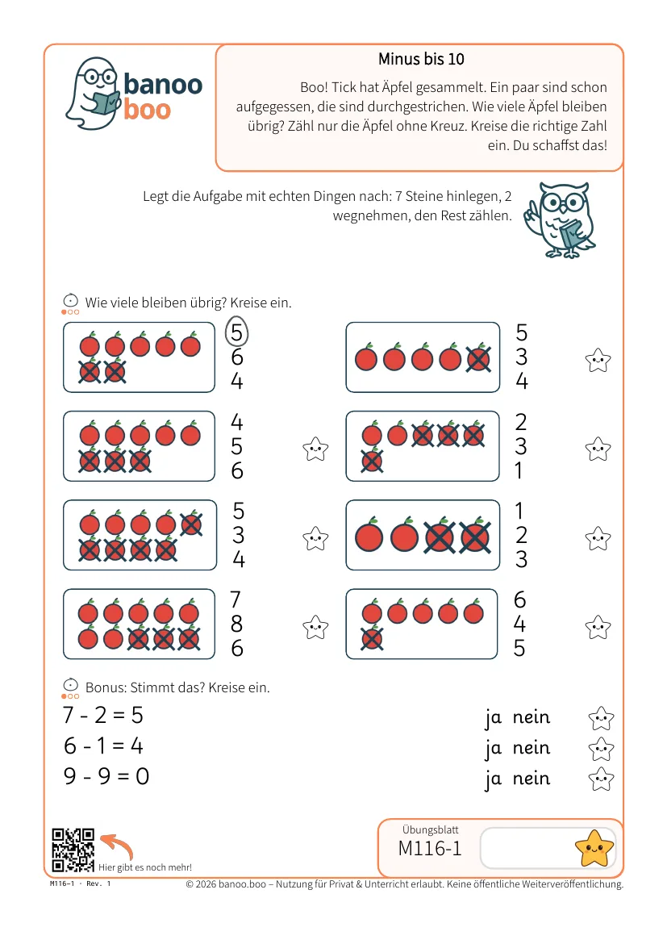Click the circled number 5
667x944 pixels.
pyautogui.click(x=236, y=332)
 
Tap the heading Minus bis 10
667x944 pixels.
pyautogui.click(x=421, y=59)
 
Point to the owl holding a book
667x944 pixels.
pyautogui.click(x=560, y=219)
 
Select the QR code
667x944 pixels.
pyautogui.click(x=73, y=850)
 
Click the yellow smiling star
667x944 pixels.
pyautogui.click(x=594, y=848)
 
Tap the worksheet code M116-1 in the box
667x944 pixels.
pyautogui.click(x=430, y=848)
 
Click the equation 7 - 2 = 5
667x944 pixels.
pyautogui.click(x=103, y=715)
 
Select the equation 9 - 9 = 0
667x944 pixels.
pyautogui.click(x=106, y=776)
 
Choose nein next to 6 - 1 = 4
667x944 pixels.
pyautogui.click(x=531, y=747)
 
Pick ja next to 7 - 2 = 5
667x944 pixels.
pyautogui.click(x=493, y=718)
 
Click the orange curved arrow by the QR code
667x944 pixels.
pyautogui.click(x=118, y=845)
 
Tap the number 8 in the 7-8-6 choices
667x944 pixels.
pyautogui.click(x=236, y=624)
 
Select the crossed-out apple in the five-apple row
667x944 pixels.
pyautogui.click(x=478, y=358)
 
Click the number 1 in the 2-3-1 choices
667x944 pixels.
pyautogui.click(x=519, y=470)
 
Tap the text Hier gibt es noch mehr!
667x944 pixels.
pyautogui.click(x=145, y=867)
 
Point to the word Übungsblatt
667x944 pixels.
pyautogui.click(x=431, y=829)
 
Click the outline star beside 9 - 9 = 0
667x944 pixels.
pyautogui.click(x=601, y=779)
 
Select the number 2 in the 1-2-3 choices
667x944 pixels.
pyautogui.click(x=521, y=535)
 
